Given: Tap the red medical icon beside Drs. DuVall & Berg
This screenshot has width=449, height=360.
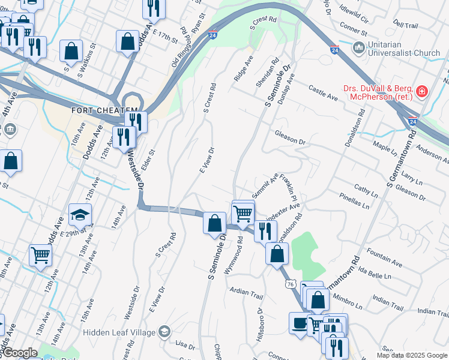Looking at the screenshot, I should pyautogui.click(x=423, y=92).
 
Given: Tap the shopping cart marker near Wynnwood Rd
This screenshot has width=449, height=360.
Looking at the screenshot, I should pyautogui.click(x=243, y=212).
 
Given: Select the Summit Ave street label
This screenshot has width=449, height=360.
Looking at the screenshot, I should pyautogui.click(x=265, y=184).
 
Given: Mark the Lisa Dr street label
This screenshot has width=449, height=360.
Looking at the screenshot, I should pyautogui.click(x=185, y=346).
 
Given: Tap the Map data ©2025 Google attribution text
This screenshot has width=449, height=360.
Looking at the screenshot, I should pyautogui.click(x=411, y=355).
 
